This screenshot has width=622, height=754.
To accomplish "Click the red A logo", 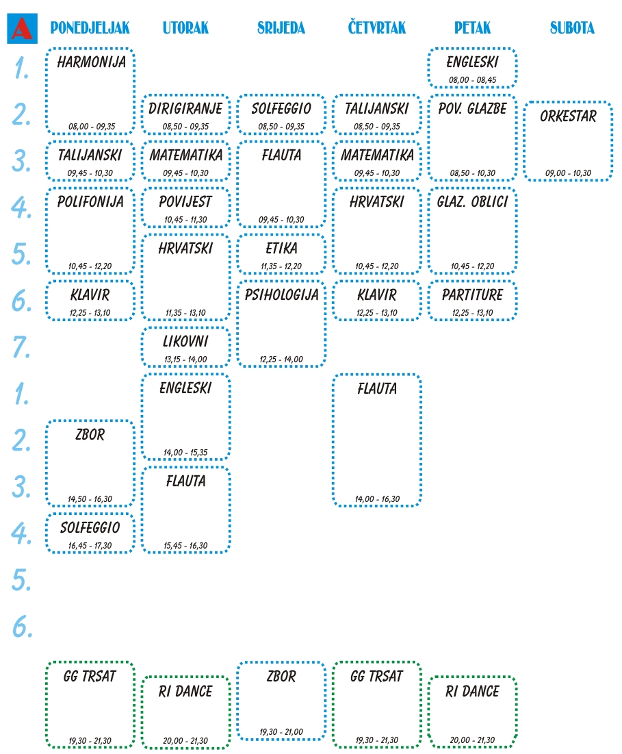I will click(21, 28).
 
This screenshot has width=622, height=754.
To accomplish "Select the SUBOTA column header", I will click(572, 28).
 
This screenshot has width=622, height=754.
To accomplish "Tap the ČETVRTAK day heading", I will click(376, 28).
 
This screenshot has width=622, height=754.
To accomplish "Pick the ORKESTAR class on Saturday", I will click(567, 140).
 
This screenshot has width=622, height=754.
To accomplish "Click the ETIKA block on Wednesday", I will click(281, 253).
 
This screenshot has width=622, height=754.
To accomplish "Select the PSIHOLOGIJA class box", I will click(281, 325).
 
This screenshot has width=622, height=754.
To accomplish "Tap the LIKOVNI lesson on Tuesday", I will click(185, 347).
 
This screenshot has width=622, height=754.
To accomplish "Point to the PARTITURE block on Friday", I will click(472, 300).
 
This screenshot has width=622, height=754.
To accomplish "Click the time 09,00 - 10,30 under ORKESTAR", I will click(567, 173).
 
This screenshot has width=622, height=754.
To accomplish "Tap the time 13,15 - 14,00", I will click(185, 359).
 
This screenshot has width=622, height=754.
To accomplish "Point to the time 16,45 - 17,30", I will click(90, 545).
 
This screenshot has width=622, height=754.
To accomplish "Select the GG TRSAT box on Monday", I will click(90, 705).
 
